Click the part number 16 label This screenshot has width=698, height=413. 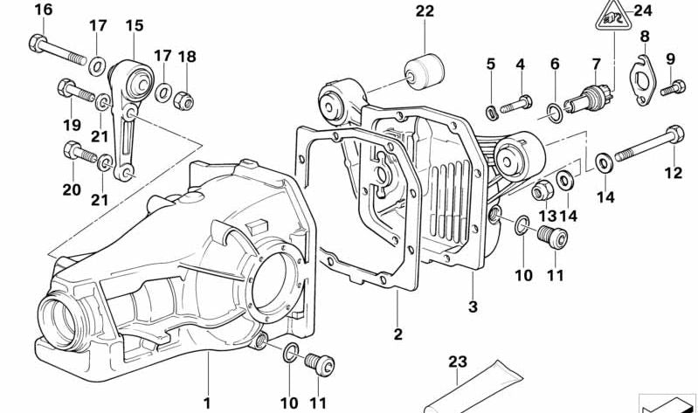click(x=43, y=10)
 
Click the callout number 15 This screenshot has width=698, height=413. click(x=134, y=26)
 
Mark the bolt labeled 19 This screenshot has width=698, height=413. click(x=78, y=91)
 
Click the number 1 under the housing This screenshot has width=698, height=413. click(x=207, y=403)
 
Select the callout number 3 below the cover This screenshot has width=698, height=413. click(x=472, y=306)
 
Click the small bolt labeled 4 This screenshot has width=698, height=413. click(x=516, y=103)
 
